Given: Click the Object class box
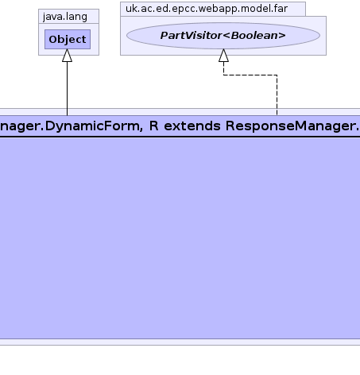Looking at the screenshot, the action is [x=68, y=39].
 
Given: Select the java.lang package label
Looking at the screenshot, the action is [x=65, y=17].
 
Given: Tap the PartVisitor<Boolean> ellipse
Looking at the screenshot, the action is [x=223, y=36].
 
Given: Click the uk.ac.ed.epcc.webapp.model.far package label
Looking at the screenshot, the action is [x=207, y=9].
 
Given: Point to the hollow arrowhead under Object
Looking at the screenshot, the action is [x=67, y=56].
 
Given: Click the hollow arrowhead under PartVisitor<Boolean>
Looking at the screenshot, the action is [x=223, y=56].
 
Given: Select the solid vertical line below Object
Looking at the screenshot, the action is [x=67, y=89].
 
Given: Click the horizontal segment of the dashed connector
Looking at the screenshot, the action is [x=250, y=75].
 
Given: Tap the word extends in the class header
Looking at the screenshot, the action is [x=192, y=126].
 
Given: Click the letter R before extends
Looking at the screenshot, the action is [x=154, y=126].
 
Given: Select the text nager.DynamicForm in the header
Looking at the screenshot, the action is [x=70, y=126].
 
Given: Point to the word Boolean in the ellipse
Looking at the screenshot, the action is [x=254, y=36].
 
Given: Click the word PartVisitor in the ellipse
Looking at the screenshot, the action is [x=191, y=36].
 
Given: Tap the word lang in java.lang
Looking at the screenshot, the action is [x=76, y=17].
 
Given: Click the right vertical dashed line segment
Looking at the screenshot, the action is [x=277, y=95].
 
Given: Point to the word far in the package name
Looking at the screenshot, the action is [x=281, y=9].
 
